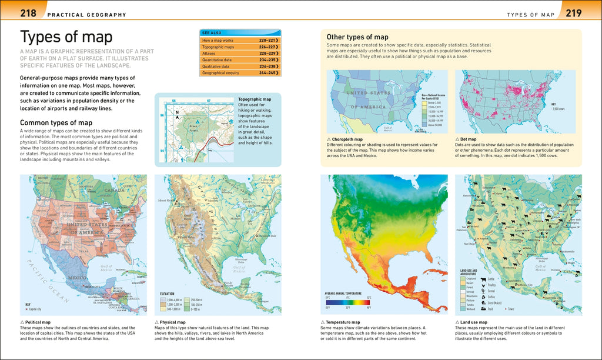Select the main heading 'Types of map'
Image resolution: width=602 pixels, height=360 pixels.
66,37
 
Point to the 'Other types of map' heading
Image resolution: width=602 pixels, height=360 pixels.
357,36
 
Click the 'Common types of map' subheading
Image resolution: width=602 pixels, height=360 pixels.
56,122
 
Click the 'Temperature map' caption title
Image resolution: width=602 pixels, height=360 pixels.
342,322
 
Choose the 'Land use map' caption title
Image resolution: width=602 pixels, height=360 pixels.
474,322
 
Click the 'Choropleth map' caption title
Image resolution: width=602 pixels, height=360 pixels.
347,139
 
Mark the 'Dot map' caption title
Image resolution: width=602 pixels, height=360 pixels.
468,139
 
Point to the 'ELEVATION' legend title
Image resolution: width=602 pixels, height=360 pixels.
168,294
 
